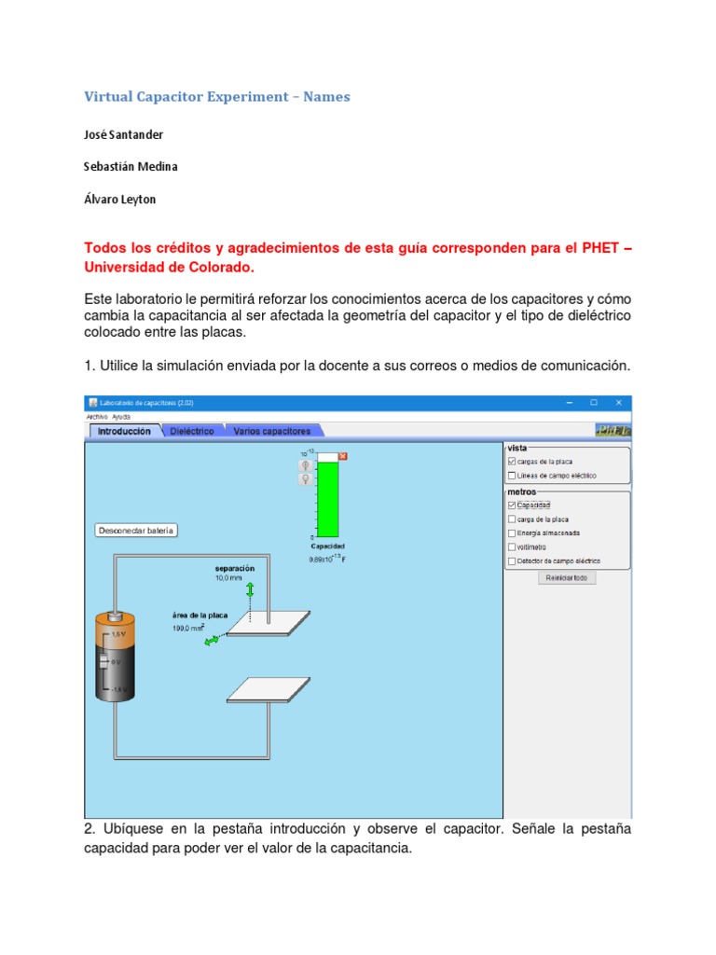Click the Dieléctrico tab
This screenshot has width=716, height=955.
191,431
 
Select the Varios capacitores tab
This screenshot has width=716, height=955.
271,431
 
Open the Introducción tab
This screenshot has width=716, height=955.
124,432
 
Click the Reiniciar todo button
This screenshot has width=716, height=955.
567,577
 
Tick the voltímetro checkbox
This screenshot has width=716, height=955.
511,547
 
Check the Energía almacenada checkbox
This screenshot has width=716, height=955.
511,533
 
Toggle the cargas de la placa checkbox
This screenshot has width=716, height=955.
511,461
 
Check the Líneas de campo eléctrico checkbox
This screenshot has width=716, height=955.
511,476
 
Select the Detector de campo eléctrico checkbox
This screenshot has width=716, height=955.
511,561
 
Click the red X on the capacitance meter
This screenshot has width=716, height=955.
342,456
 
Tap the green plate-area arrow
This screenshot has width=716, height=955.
213,641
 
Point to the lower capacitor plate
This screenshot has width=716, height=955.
268,689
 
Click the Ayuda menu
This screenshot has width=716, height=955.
121,416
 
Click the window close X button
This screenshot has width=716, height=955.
617,403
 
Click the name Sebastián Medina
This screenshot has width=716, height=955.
131,166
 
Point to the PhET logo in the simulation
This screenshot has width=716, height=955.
613,430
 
